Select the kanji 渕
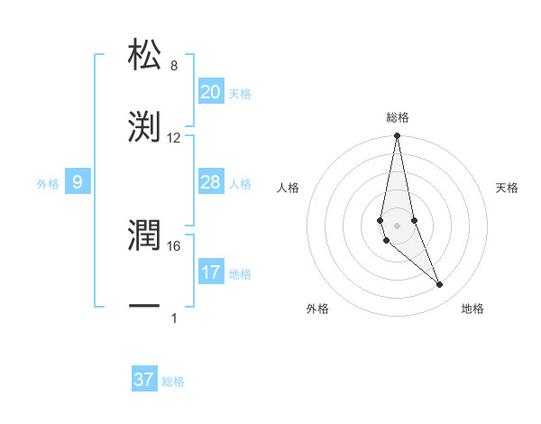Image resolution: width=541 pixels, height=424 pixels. click(145, 126)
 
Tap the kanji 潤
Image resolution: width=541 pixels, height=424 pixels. click(145, 236)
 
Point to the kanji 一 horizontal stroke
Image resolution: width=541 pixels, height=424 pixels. click(145, 308)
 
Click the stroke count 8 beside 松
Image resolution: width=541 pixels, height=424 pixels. click(173, 66)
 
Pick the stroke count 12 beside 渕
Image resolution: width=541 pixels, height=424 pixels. click(174, 138)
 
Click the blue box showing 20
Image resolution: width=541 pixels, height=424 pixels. click(211, 92)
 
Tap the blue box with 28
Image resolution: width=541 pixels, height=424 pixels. click(211, 183)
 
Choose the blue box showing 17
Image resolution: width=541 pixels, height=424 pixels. click(211, 272)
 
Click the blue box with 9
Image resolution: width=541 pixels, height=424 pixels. click(78, 183)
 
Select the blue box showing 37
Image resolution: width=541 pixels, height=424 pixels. click(144, 380)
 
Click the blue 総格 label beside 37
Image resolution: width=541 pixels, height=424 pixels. click(173, 382)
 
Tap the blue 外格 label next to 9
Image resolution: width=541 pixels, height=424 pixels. click(48, 184)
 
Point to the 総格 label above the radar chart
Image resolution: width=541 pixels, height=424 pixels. click(398, 117)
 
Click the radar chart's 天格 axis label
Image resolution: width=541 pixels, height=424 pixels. click(507, 188)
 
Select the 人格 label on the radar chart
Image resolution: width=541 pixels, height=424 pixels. click(288, 188)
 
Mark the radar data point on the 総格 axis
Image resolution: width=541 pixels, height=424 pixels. click(397, 136)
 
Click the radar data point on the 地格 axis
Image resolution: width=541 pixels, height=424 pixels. click(440, 284)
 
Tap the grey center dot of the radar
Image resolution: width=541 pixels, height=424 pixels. click(397, 225)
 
